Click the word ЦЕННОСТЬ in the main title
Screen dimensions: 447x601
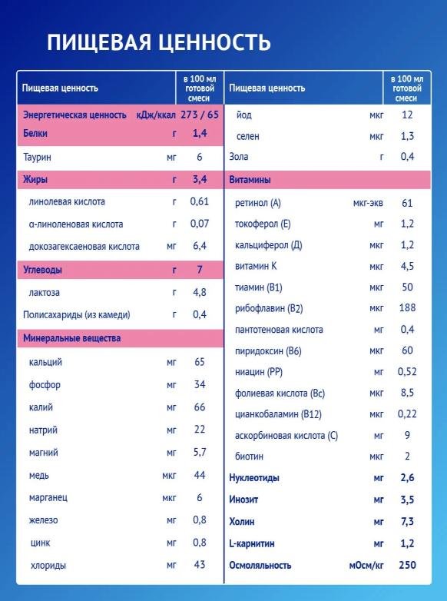(214, 42)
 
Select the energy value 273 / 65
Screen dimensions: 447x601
(200, 115)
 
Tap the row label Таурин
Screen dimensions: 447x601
(37, 157)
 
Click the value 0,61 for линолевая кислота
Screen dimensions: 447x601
(200, 201)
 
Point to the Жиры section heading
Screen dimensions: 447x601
(35, 179)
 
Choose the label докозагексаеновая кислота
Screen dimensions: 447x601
(84, 247)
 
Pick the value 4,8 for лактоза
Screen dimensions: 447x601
(200, 292)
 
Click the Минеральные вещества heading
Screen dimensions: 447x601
(71, 338)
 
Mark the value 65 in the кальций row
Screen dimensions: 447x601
(200, 362)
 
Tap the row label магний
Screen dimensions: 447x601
(43, 453)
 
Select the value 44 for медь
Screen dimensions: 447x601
(200, 475)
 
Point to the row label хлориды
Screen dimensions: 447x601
(48, 566)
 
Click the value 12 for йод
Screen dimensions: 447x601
(407, 115)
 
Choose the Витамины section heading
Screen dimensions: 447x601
(250, 179)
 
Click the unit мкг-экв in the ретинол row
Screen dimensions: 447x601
(368, 203)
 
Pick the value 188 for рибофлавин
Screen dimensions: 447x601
(407, 307)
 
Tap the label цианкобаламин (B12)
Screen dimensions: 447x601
(278, 414)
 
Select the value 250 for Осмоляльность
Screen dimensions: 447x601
(407, 565)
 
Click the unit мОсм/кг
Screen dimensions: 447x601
(366, 566)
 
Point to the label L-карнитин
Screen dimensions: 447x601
(252, 543)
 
